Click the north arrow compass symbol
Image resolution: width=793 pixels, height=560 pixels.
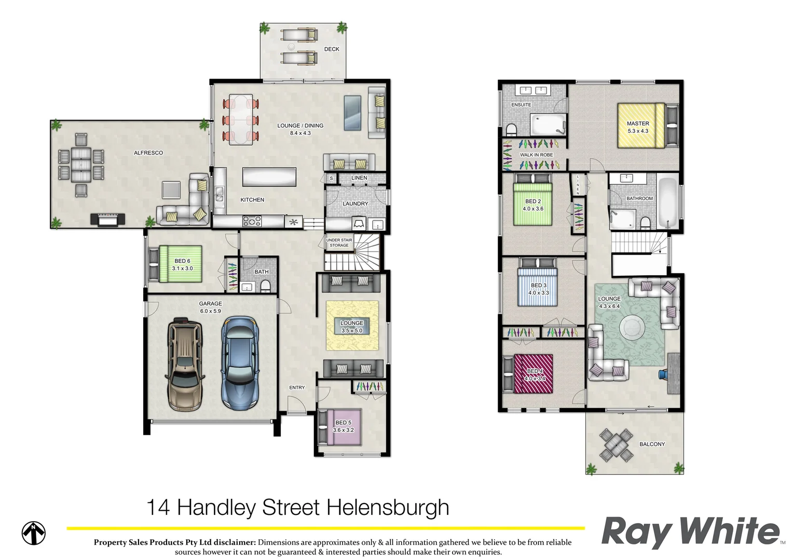pyautogui.click(x=34, y=533)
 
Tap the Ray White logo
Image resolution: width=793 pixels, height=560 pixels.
pyautogui.click(x=691, y=531)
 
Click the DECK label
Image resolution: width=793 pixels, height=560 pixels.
pyautogui.click(x=332, y=49)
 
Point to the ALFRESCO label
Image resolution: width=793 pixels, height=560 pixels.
pyautogui.click(x=148, y=153)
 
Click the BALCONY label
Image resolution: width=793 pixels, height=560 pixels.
pyautogui.click(x=652, y=444)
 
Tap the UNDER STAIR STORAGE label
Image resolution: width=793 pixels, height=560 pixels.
pyautogui.click(x=339, y=243)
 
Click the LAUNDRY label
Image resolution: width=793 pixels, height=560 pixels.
pyautogui.click(x=355, y=204)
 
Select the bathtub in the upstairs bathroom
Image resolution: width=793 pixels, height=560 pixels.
pyautogui.click(x=667, y=203)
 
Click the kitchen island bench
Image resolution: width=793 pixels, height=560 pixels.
pyautogui.click(x=269, y=177)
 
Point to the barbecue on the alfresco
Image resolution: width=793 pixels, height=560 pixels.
pyautogui.click(x=108, y=219)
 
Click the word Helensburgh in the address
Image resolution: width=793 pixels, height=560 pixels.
pyautogui.click(x=388, y=508)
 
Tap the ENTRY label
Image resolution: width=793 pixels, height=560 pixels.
pyautogui.click(x=297, y=388)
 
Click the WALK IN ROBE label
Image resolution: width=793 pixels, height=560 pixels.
pyautogui.click(x=537, y=155)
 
